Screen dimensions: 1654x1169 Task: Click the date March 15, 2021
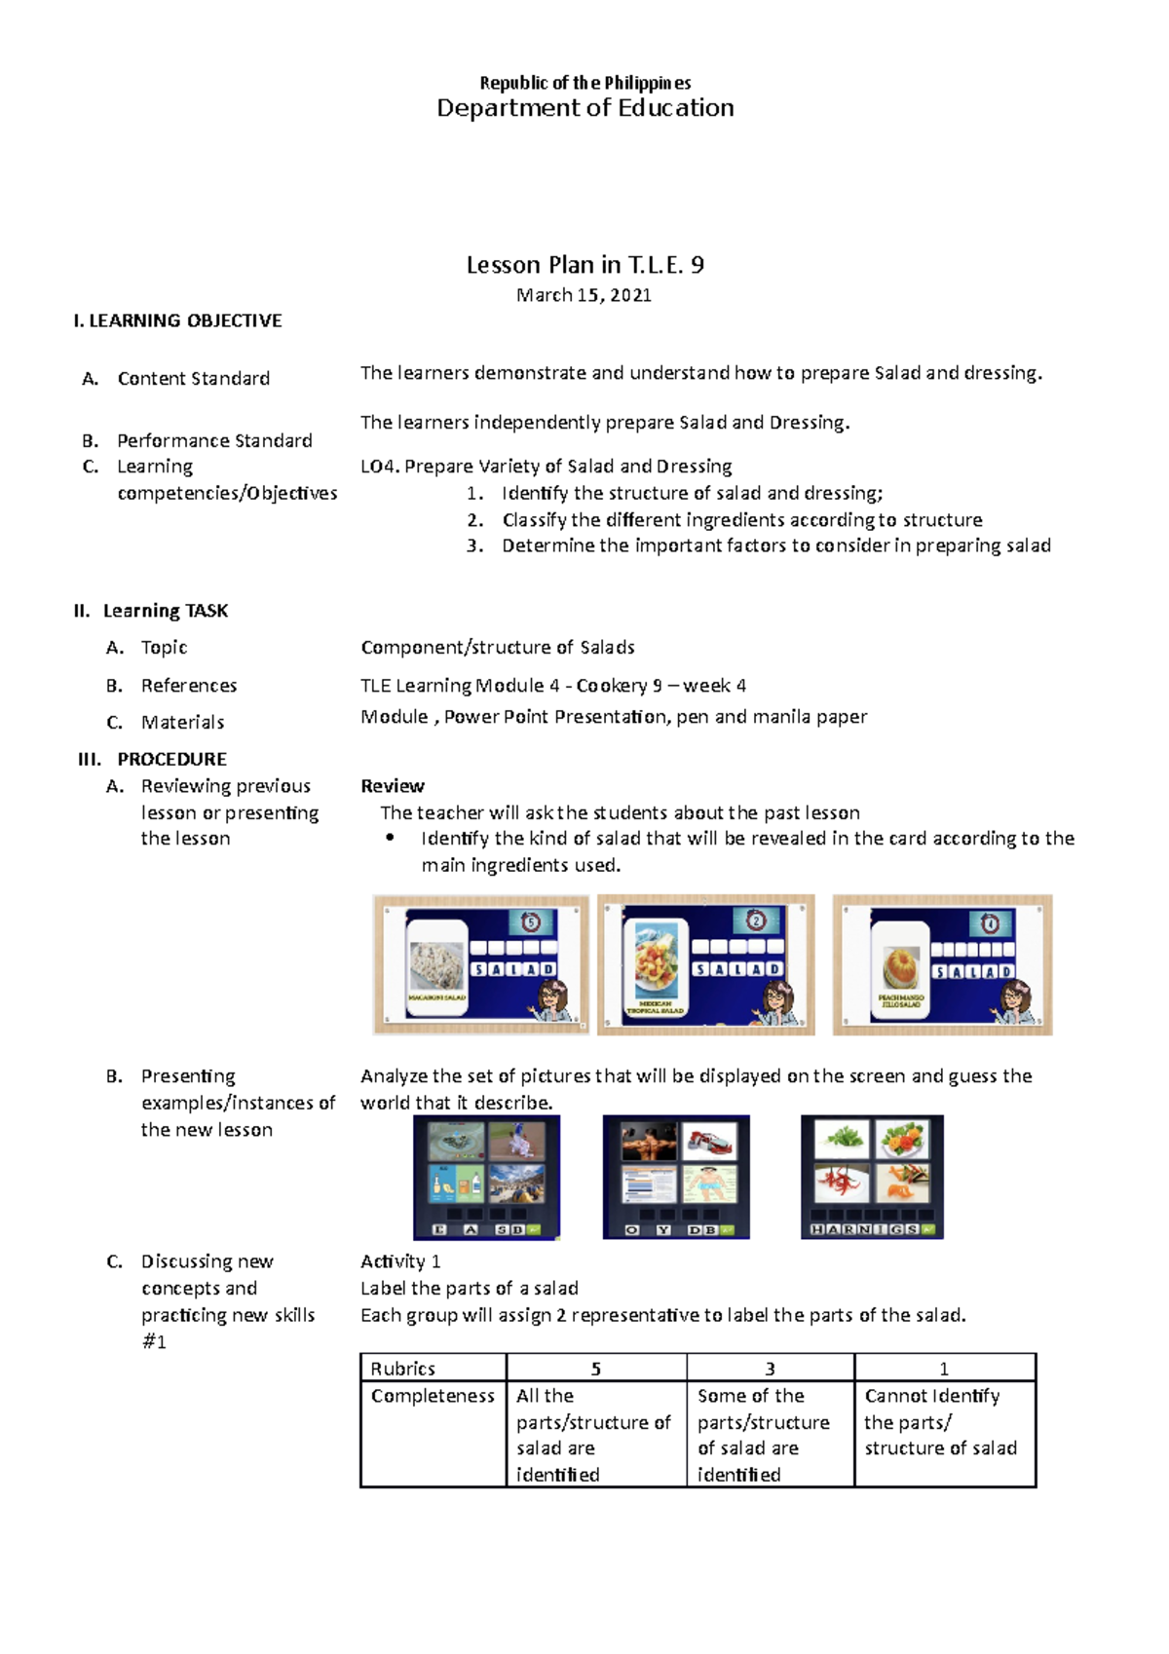coord(584,295)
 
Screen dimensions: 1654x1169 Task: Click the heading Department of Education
coord(584,108)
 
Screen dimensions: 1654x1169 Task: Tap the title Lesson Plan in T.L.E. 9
coord(584,265)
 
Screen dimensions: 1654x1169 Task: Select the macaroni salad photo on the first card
coord(436,966)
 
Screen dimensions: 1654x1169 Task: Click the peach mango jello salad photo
coord(901,968)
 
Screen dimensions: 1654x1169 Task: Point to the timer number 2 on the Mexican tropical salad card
coord(756,921)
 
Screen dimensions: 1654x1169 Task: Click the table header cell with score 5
coord(596,1369)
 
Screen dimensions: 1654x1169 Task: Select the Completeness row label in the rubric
coord(433,1396)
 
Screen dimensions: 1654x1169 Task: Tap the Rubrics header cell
coord(403,1369)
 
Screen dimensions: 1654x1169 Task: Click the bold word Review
coord(392,786)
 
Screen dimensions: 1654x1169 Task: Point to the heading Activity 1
coord(400,1261)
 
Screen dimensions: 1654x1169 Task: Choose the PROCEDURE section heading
coord(171,759)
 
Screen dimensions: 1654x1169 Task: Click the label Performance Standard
coord(214,440)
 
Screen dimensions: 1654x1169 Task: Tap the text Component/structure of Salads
coord(497,648)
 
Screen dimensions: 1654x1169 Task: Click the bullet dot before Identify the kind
coord(391,838)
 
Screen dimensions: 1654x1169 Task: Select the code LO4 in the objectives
coord(379,467)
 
